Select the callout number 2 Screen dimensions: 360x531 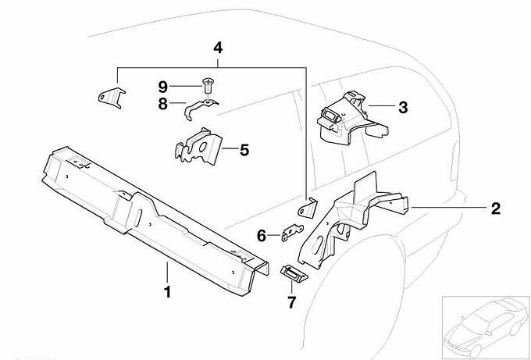[x=495, y=209]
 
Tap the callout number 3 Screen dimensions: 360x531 [x=403, y=108]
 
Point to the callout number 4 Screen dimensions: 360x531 [x=218, y=48]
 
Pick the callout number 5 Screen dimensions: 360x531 [x=244, y=148]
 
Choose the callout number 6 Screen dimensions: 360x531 [x=262, y=234]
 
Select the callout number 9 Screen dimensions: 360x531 [x=162, y=86]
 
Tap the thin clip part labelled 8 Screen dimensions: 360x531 [x=198, y=108]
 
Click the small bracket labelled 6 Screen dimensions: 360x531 [x=291, y=232]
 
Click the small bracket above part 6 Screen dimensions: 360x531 [x=308, y=209]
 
